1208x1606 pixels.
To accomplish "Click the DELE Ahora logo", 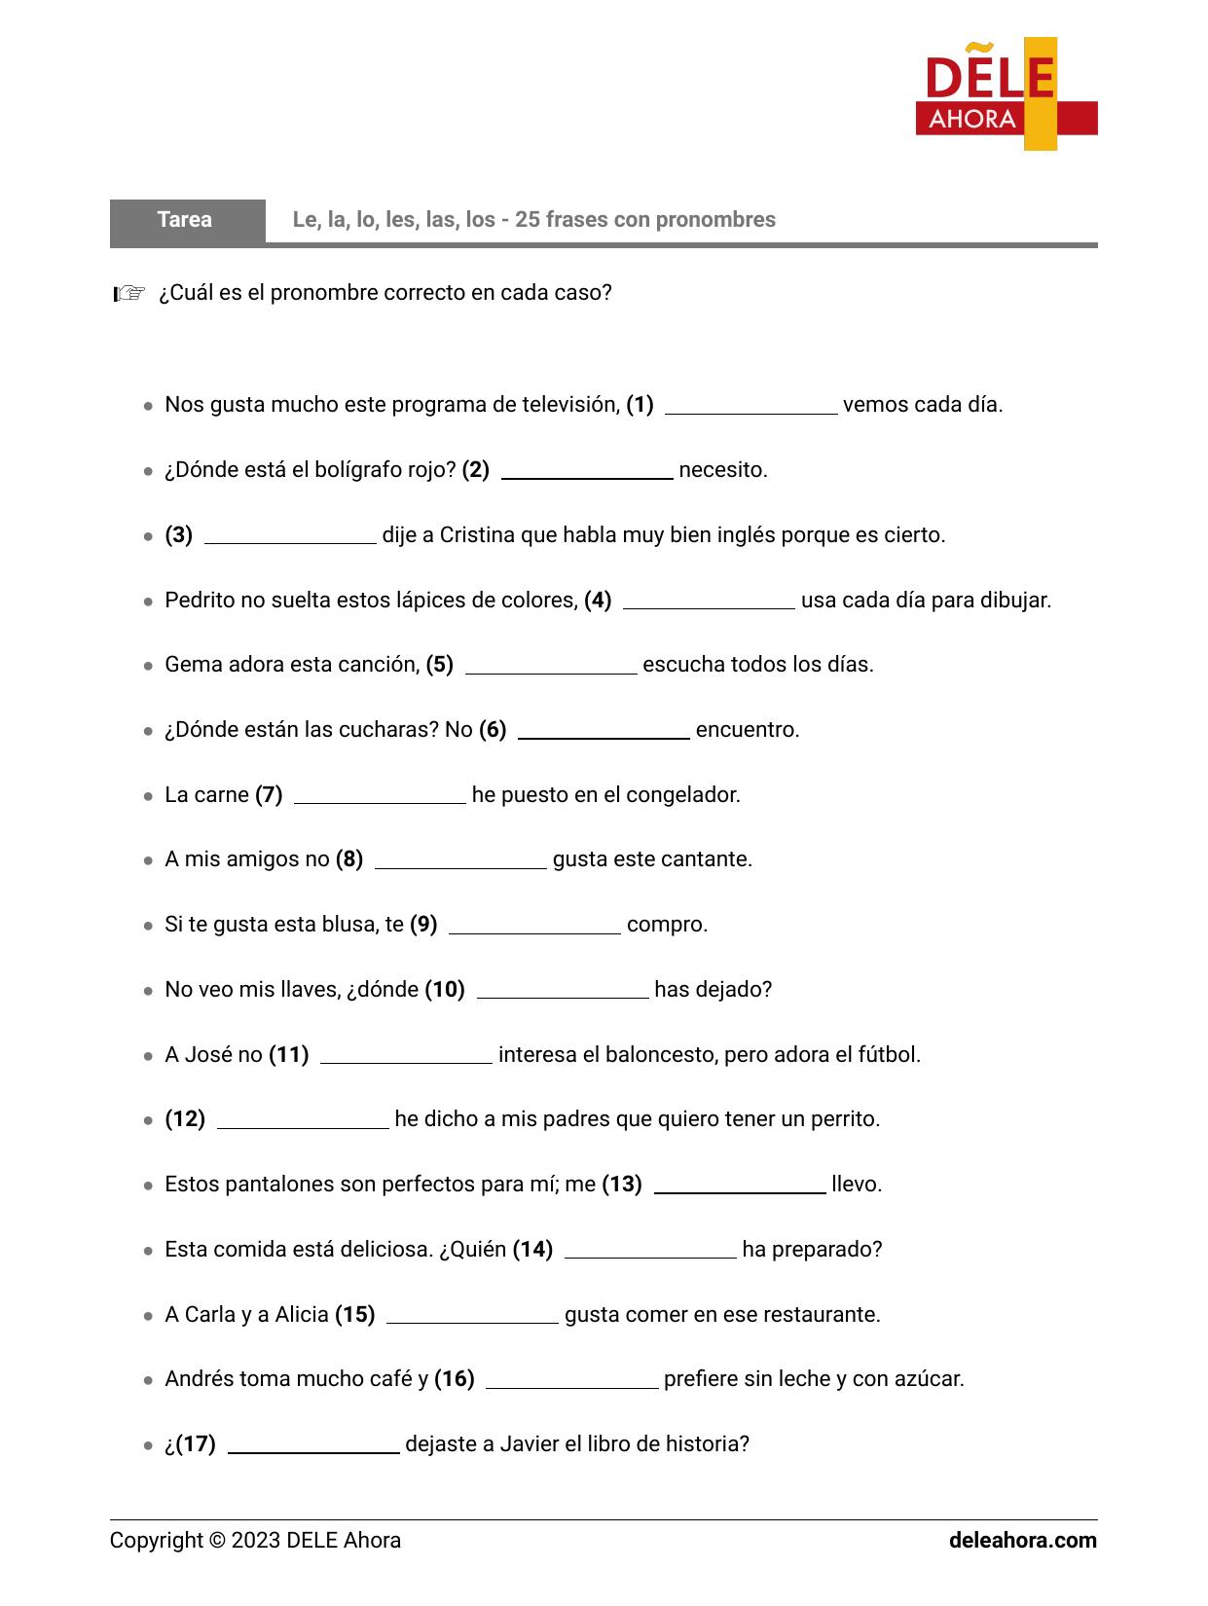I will coord(1006,94).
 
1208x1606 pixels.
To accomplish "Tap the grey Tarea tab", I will coord(186,220).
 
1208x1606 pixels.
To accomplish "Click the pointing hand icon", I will coord(128,293).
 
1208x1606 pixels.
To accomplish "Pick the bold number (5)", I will coord(440,665).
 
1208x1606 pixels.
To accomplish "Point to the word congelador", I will coord(682,795).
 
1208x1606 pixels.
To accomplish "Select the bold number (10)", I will coord(445,990).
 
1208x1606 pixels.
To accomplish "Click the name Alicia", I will coord(302,1315).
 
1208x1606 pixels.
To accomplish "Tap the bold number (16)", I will coord(455,1379).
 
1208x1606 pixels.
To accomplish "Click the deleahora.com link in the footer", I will coord(1022,1541).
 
